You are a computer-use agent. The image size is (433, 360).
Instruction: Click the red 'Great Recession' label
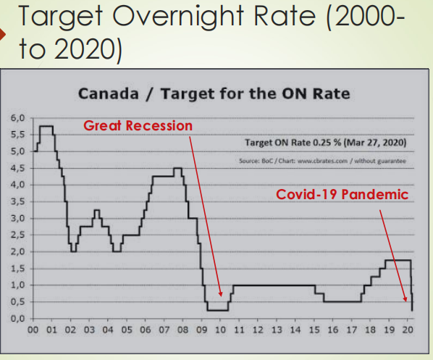pyautogui.click(x=138, y=125)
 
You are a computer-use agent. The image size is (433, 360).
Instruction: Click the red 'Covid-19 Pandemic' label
pyautogui.click(x=342, y=195)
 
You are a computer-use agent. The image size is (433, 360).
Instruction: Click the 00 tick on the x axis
pyautogui.click(x=33, y=330)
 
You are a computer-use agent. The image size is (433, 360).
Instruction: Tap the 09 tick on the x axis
pyautogui.click(x=201, y=330)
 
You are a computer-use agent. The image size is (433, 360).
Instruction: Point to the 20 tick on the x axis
pyautogui.click(x=408, y=330)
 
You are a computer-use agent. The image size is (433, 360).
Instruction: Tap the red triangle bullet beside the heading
pyautogui.click(x=5, y=34)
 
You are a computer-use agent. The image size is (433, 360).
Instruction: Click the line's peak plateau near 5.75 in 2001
pyautogui.click(x=46, y=127)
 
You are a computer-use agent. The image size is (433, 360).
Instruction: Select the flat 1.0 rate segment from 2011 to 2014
pyautogui.click(x=272, y=285)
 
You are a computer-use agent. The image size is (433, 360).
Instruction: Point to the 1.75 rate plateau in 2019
pyautogui.click(x=399, y=260)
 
